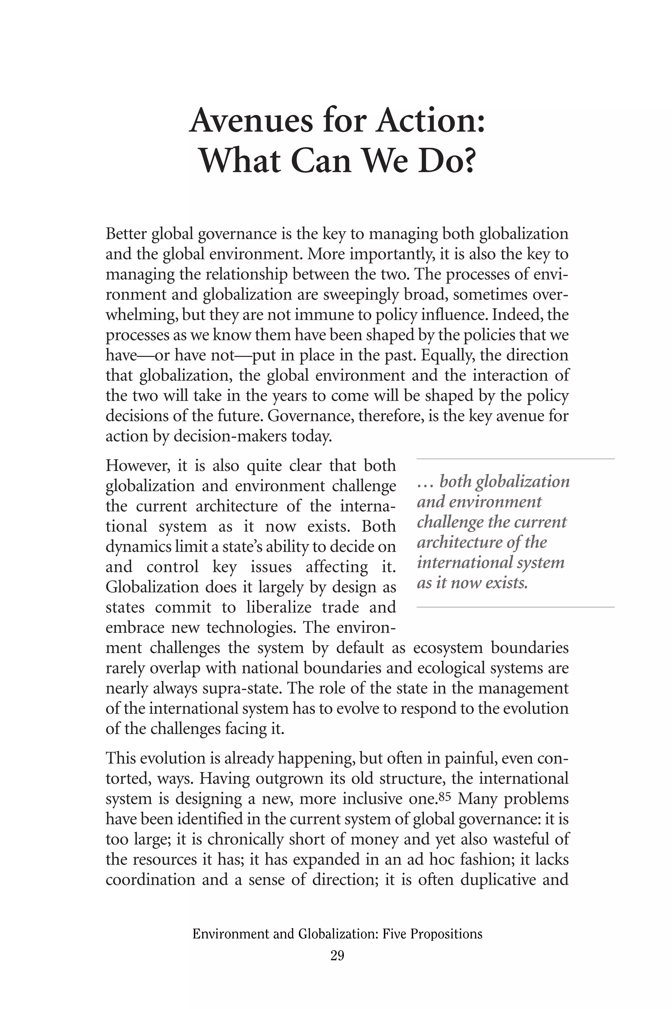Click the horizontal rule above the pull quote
pos(515,459)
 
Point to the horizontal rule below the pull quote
pos(515,607)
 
